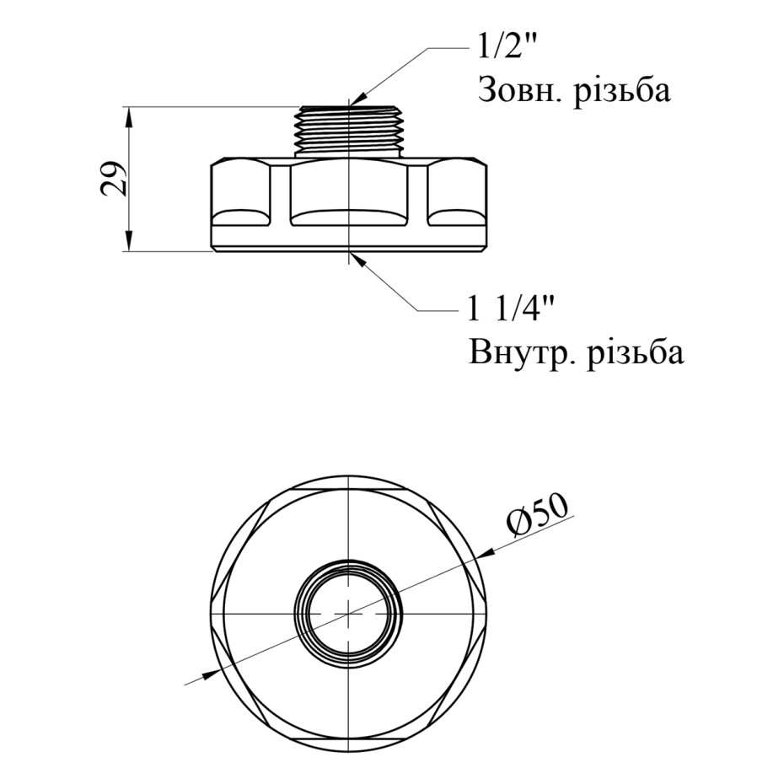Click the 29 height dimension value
[114, 179]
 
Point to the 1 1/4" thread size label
[509, 310]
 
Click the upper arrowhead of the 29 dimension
[129, 116]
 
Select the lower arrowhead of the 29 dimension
[129, 241]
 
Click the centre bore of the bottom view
[348, 613]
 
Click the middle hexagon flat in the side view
[348, 193]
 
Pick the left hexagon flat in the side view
[240, 193]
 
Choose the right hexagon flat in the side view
[457, 193]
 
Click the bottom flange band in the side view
[348, 239]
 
